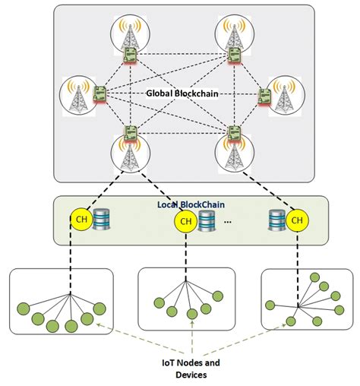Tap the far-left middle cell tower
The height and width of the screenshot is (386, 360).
tap(78, 94)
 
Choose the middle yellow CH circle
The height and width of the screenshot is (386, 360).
tap(183, 221)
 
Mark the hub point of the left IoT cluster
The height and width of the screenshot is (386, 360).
tap(70, 295)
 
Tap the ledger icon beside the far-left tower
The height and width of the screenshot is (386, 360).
tap(99, 93)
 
